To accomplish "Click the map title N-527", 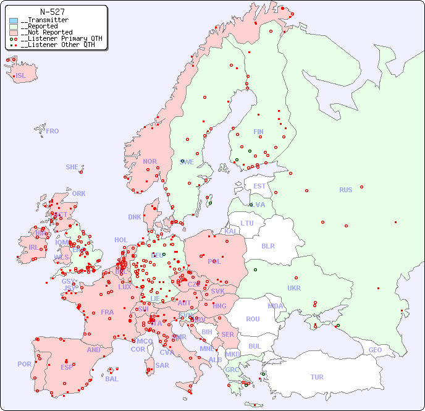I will coord(53,11).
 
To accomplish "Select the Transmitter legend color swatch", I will coord(14,20).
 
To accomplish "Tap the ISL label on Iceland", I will coord(21,76).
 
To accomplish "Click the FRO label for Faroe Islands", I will coord(53,131).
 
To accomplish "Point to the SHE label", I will coord(72,167).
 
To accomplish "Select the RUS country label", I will coord(345,190).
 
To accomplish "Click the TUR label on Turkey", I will coord(317,377).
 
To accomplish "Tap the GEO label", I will coord(375,350).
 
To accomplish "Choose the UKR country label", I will coord(294,288).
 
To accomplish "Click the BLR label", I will coord(267,245).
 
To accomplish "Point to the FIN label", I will coord(258,132).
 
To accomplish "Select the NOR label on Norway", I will coord(149,161).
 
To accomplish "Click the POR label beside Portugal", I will coord(24,364).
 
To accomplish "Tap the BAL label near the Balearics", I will coord(111,379).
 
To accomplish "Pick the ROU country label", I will coord(253,319).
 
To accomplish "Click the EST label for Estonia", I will coord(259,186).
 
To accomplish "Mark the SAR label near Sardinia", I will coord(162,365).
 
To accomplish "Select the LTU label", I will coord(247,223).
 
